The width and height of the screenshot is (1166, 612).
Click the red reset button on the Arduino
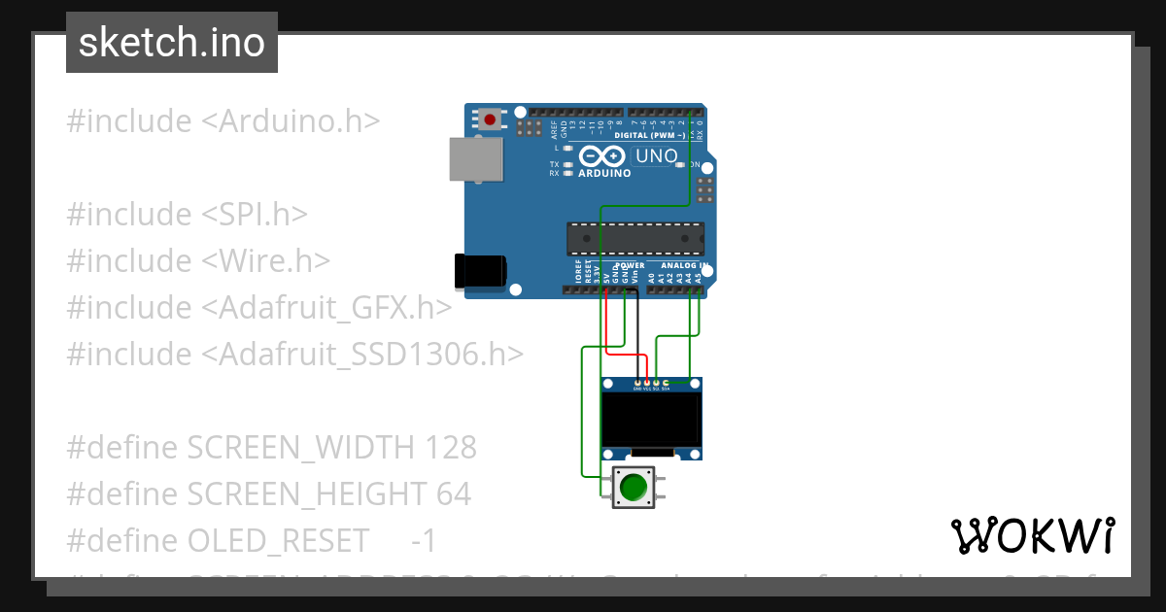490,120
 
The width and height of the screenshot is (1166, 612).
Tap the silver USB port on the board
476,158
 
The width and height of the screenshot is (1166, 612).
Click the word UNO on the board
656,155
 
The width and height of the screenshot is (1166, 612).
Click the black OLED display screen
651,419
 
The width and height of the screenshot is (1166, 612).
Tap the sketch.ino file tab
172,43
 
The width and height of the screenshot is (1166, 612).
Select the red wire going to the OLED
606,321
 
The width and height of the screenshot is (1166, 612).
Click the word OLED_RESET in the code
278,540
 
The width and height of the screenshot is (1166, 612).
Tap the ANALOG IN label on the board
680,265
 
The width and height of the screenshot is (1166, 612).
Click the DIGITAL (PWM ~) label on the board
658,135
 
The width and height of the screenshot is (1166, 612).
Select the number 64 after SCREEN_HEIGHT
453,494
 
